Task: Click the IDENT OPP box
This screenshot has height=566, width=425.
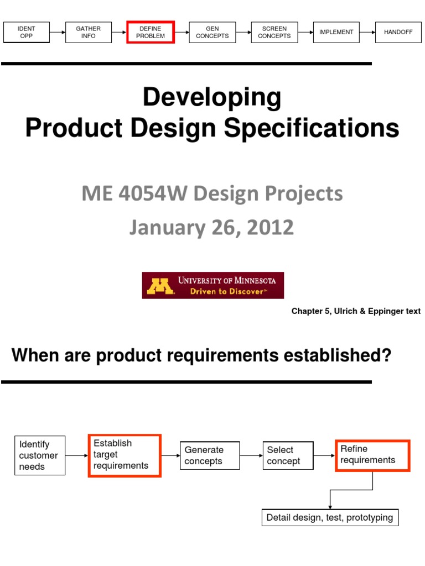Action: (27, 32)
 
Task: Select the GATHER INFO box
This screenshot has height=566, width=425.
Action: (89, 32)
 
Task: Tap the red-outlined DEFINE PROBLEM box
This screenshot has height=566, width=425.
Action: (151, 32)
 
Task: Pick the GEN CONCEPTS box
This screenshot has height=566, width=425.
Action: (212, 32)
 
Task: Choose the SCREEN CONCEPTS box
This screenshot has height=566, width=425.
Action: (274, 32)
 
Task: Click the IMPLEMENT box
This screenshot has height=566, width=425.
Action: (336, 32)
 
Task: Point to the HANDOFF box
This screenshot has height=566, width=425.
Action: (398, 32)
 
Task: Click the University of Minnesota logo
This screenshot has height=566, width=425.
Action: (212, 285)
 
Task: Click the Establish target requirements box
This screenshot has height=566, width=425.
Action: (125, 455)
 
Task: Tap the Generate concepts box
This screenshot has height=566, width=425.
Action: (210, 455)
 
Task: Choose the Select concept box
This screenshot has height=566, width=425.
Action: (288, 455)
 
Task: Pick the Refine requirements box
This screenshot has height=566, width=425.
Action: (372, 455)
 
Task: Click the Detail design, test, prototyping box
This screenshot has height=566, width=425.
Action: (329, 518)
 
